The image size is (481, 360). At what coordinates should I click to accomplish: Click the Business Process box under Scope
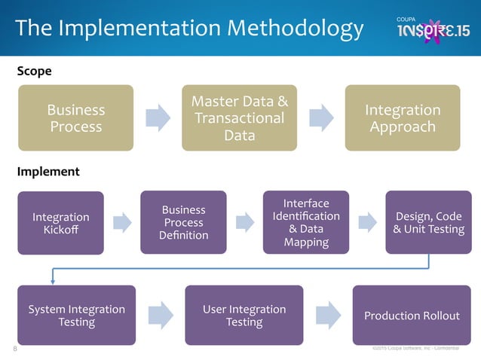click(x=76, y=118)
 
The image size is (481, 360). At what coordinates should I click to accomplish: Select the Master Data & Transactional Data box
click(x=239, y=118)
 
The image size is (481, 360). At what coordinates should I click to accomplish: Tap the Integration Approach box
click(x=403, y=118)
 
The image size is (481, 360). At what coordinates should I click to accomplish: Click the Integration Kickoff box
click(x=61, y=223)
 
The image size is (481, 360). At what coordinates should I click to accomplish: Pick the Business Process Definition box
click(x=184, y=222)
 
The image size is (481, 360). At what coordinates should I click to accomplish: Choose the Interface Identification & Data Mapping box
click(x=306, y=222)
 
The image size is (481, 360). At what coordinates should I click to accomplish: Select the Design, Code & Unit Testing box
click(x=428, y=222)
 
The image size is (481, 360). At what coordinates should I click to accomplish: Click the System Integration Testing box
click(x=76, y=315)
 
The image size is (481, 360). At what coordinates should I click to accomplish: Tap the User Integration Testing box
click(x=244, y=315)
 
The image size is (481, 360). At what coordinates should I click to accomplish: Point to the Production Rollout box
click(x=412, y=315)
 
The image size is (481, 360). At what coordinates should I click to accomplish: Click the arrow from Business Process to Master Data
click(x=158, y=117)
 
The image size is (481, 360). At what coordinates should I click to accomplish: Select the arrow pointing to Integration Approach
click(x=321, y=117)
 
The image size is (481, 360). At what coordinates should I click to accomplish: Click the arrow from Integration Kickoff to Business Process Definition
click(x=122, y=221)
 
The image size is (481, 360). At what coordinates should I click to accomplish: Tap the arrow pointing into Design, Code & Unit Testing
click(x=367, y=221)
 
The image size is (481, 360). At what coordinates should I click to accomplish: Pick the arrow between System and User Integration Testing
click(x=160, y=315)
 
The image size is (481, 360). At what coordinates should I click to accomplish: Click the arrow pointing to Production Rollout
click(x=328, y=315)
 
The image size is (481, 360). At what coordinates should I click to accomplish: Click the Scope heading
click(x=34, y=71)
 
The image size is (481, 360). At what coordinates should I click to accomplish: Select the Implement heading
click(x=47, y=172)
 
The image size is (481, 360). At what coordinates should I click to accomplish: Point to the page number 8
click(x=14, y=349)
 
